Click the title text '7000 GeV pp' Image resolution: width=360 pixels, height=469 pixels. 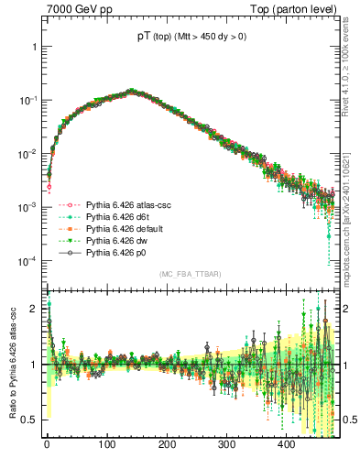[x=72, y=9]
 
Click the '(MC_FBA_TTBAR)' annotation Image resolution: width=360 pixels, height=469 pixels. [x=191, y=275]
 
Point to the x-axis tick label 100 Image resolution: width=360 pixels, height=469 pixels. [x=106, y=445]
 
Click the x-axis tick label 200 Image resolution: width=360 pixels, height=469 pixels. [x=167, y=445]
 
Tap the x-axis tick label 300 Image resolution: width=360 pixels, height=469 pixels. [x=226, y=445]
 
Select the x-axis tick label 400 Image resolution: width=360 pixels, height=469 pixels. [x=286, y=445]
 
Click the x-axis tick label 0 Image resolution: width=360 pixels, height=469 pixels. [x=47, y=445]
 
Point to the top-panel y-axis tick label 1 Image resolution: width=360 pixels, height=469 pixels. [x=34, y=46]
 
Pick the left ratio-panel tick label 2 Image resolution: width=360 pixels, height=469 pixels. [x=34, y=309]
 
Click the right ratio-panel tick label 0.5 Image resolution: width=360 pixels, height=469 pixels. [x=349, y=420]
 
